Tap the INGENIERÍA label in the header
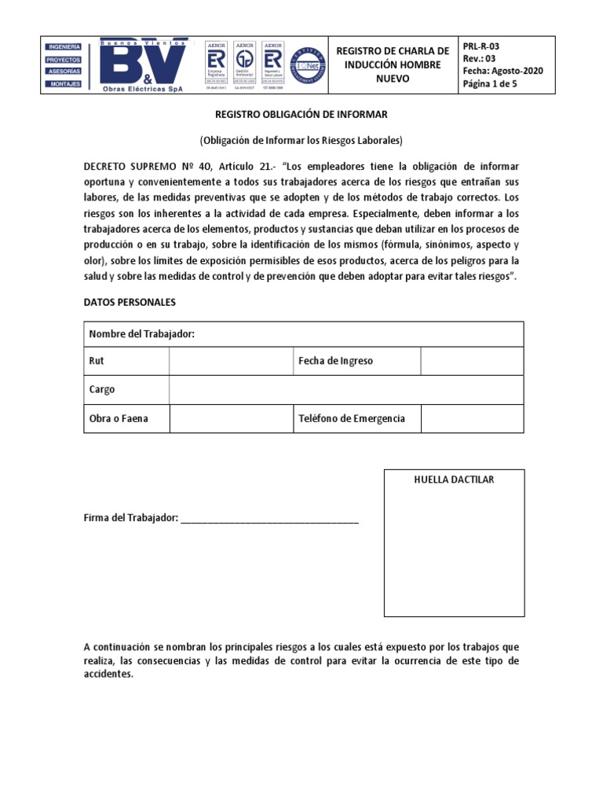click(64, 47)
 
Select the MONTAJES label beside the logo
click(64, 83)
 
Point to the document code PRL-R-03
click(481, 46)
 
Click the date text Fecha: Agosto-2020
click(502, 71)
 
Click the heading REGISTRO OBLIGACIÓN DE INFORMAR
click(301, 115)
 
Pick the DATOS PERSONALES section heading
click(130, 302)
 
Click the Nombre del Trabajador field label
click(141, 334)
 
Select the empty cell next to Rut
click(230, 361)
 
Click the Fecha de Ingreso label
click(336, 361)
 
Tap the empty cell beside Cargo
click(346, 389)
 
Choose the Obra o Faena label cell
click(119, 418)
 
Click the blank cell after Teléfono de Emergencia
click(472, 418)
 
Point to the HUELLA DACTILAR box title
click(454, 480)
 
